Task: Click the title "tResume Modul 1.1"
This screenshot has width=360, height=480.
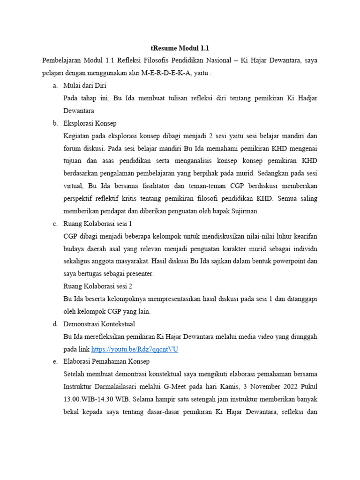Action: pos(180,48)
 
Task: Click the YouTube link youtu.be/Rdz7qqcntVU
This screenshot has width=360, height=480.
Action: pos(135,349)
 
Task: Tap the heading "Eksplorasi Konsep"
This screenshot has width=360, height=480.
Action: pos(90,123)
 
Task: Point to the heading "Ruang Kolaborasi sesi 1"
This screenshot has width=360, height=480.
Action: pos(97,224)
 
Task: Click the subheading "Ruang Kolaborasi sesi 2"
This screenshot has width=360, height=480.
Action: pos(97,286)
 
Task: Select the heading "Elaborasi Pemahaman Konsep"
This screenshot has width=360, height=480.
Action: pos(106,361)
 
